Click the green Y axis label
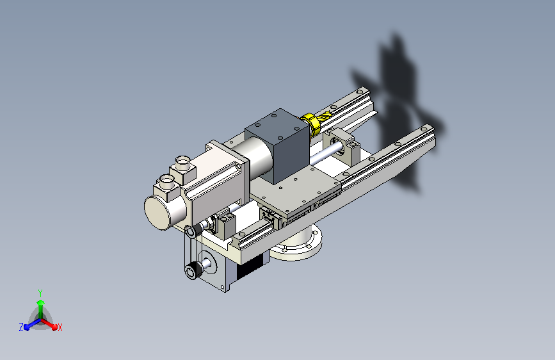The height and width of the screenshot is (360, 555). [40, 293]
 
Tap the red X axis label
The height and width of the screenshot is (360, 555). [60, 327]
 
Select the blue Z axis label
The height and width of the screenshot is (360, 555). [21, 327]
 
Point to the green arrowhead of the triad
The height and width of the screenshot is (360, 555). [41, 303]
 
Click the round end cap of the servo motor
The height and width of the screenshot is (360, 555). [157, 212]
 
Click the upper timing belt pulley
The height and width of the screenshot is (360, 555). [191, 232]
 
